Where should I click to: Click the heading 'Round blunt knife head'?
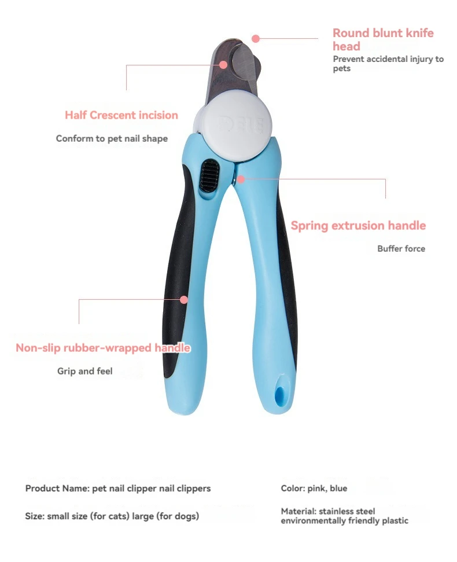click(382, 39)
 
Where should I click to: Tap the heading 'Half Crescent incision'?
click(121, 115)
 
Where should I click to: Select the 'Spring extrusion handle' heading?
click(358, 225)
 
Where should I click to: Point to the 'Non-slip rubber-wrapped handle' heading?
click(103, 348)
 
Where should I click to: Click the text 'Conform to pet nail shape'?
click(112, 139)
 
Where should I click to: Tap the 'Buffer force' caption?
click(401, 249)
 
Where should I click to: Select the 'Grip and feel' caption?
click(85, 371)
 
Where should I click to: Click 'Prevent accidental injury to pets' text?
click(388, 64)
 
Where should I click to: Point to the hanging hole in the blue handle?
click(281, 394)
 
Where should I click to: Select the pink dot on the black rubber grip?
click(184, 299)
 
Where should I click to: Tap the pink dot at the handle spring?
click(241, 179)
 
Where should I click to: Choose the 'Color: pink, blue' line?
click(314, 488)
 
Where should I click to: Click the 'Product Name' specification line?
click(118, 488)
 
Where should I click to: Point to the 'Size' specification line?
click(112, 516)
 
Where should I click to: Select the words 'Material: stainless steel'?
click(328, 512)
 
